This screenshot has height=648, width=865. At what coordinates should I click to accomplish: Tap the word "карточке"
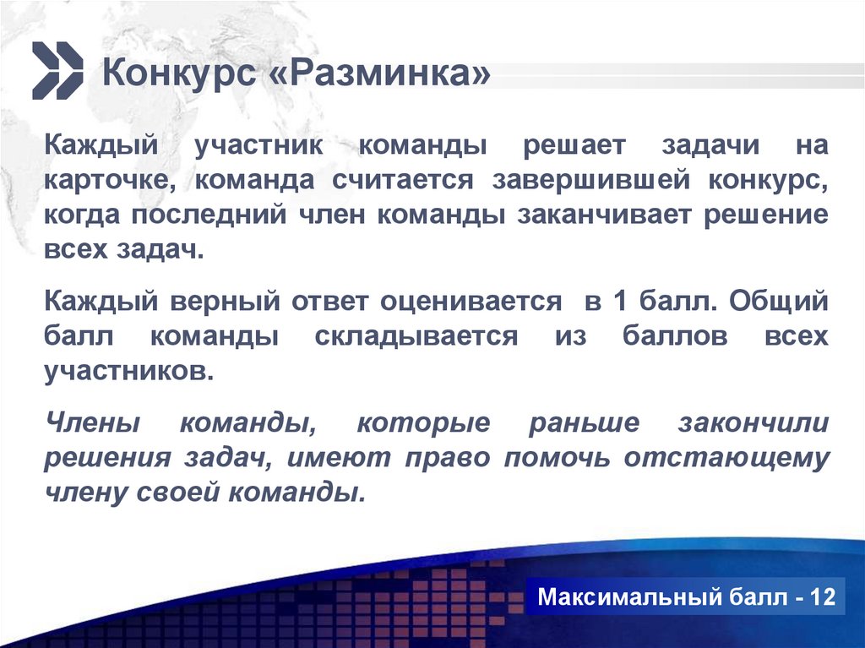tap(111, 180)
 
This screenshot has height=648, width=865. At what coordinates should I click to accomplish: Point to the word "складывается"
tap(416, 336)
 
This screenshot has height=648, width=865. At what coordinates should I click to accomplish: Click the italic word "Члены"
tap(93, 422)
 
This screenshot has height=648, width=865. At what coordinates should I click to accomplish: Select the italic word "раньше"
tap(584, 422)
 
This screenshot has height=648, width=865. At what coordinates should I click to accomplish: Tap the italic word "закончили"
tap(753, 422)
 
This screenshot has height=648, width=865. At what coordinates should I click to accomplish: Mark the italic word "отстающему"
tap(727, 458)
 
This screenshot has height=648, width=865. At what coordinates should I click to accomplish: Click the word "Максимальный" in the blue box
tap(626, 598)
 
